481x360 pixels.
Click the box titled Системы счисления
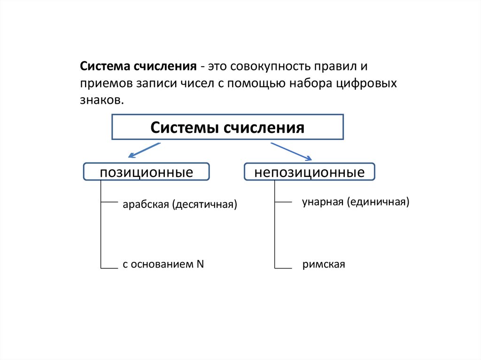pos(227,127)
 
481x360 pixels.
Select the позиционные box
pos(146,172)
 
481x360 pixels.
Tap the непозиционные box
pos(310,172)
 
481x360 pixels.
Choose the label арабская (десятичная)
pos(180,205)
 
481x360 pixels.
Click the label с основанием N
pos(163,264)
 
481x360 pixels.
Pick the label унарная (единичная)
pos(356,202)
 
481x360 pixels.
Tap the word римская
pos(324,265)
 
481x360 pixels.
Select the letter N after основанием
pos(200,263)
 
